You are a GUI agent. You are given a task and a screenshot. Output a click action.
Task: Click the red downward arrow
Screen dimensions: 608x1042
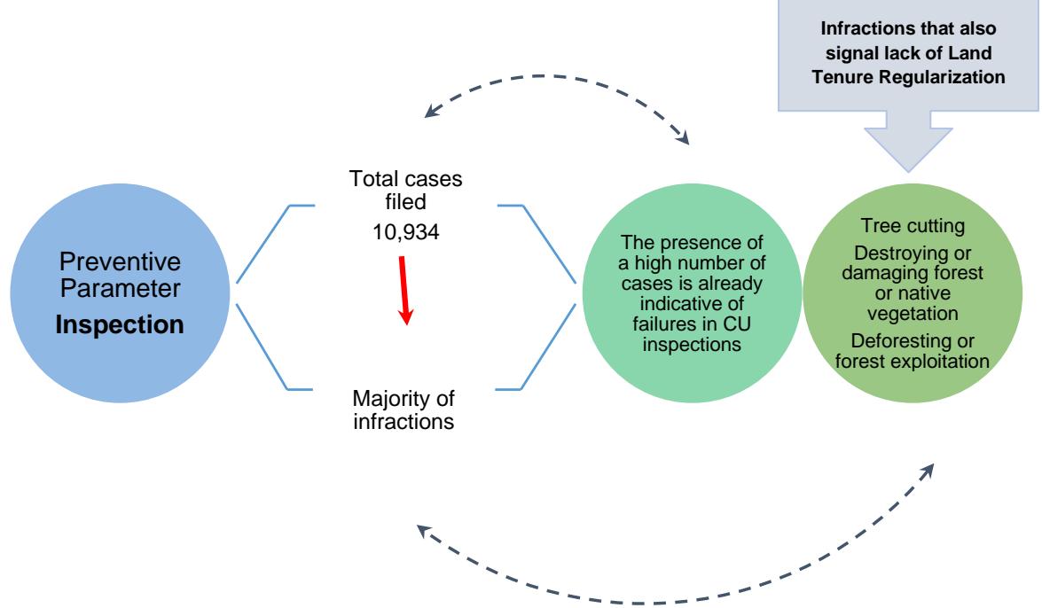click(404, 287)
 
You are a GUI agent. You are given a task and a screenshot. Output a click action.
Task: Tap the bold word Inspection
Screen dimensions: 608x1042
click(120, 324)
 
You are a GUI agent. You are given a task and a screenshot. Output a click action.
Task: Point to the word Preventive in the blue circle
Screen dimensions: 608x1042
click(120, 262)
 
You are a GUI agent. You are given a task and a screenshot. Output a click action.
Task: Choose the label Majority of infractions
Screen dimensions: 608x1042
click(403, 409)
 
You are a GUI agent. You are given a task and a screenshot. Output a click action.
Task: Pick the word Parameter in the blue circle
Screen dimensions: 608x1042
click(120, 290)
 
